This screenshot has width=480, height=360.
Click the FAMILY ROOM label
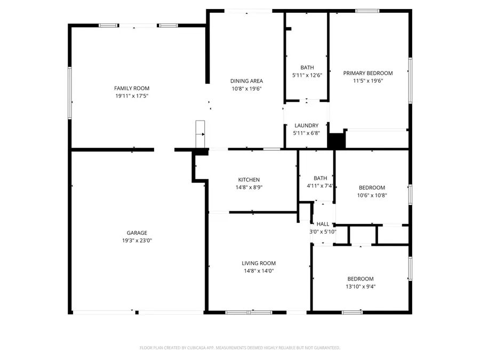[x=132, y=88]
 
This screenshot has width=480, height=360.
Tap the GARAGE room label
[x=137, y=233]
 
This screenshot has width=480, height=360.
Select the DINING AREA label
[x=246, y=81]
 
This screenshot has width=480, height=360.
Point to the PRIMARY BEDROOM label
[x=367, y=73]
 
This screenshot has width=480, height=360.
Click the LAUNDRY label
[x=307, y=125]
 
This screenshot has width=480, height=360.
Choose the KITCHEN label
[x=249, y=180]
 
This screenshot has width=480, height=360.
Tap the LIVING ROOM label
[x=259, y=263]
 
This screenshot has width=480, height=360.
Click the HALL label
[x=323, y=224]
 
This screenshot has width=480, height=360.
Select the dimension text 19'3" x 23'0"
[x=137, y=241]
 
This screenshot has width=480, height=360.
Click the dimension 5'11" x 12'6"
[x=307, y=75]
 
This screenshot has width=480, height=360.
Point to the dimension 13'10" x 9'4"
[x=361, y=286]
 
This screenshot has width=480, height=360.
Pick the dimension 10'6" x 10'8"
[x=372, y=195]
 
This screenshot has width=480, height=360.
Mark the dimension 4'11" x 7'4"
[x=320, y=186]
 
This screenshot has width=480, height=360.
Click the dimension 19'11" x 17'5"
[x=132, y=96]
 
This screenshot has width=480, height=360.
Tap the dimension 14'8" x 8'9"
[x=249, y=187]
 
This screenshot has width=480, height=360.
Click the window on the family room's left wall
[x=70, y=93]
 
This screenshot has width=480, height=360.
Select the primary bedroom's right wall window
[x=410, y=81]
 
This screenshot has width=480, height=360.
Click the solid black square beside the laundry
[x=336, y=141]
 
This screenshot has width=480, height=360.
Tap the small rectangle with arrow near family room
[x=200, y=134]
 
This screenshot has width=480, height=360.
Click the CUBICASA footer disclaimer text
[x=239, y=348]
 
